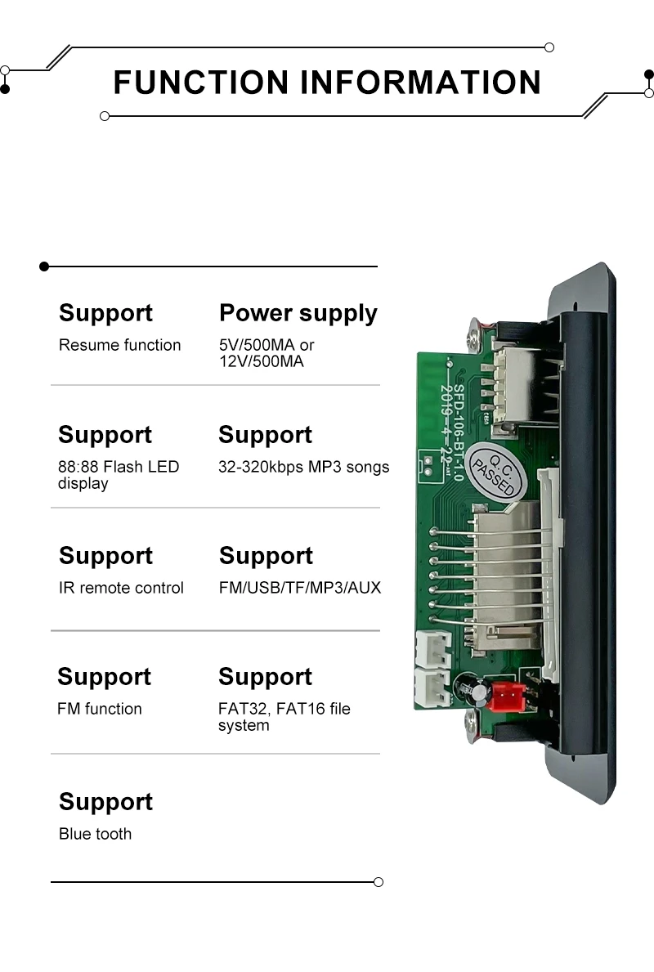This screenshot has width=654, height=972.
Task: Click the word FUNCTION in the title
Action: [x=201, y=83]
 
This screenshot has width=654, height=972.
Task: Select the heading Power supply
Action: [x=298, y=313]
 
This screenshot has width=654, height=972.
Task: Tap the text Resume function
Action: [x=119, y=345]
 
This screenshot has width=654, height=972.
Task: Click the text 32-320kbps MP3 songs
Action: [x=303, y=467]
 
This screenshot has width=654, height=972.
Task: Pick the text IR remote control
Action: [x=121, y=588]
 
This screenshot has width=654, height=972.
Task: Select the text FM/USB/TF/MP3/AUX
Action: [x=299, y=588]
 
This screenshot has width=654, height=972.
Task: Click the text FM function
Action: [x=99, y=709]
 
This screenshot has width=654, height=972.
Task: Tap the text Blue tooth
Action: [x=95, y=834]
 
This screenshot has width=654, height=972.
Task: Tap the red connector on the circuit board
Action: [x=507, y=696]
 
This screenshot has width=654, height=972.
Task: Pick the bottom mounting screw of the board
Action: [x=473, y=724]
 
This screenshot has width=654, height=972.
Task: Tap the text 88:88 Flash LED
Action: [x=118, y=467]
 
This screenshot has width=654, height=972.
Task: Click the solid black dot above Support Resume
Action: [x=44, y=267]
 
